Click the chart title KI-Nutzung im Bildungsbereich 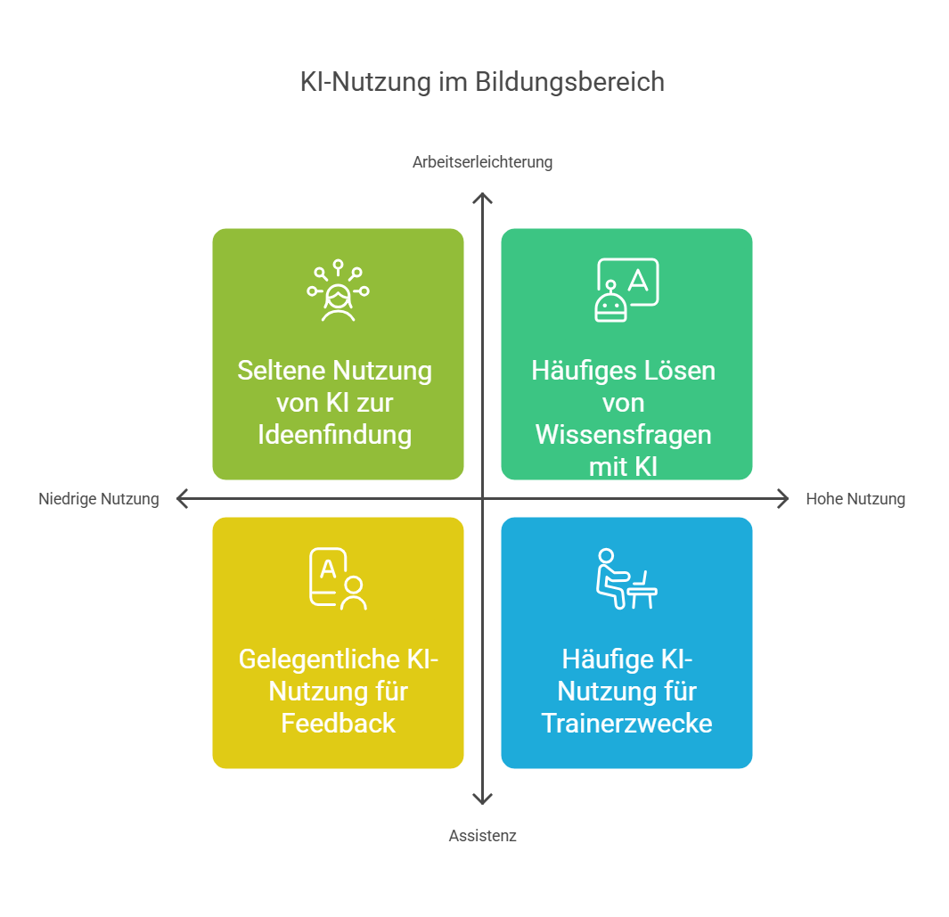(482, 82)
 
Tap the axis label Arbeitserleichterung (482, 162)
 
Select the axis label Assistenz (482, 836)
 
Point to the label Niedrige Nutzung (98, 499)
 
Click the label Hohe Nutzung (855, 499)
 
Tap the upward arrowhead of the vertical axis (482, 197)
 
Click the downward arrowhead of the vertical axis (482, 799)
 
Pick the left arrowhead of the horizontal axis (182, 499)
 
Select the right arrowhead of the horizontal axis (783, 499)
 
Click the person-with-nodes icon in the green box (338, 291)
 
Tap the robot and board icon (626, 290)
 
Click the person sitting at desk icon (626, 578)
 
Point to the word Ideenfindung (335, 435)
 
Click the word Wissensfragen (623, 435)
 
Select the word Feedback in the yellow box (338, 723)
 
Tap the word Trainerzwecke (626, 723)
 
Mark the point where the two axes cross (482, 499)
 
